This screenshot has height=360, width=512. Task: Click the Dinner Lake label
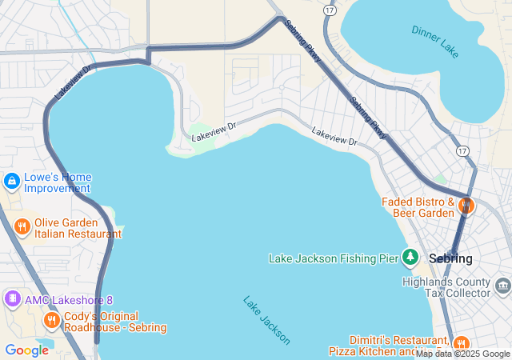(x=435, y=42)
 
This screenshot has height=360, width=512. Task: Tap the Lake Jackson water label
(x=267, y=320)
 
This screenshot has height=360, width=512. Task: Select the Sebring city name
(x=450, y=258)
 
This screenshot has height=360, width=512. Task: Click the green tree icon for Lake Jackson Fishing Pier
(x=410, y=257)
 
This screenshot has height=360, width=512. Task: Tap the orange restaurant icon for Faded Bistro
(x=466, y=206)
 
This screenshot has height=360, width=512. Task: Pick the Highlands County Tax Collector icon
(x=502, y=286)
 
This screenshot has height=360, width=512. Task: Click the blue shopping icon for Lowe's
(x=12, y=182)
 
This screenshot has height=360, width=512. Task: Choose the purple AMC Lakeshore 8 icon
(x=12, y=299)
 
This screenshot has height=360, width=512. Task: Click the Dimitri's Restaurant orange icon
(x=461, y=345)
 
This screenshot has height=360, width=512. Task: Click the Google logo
(x=26, y=350)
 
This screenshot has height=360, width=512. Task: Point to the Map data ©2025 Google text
(x=462, y=354)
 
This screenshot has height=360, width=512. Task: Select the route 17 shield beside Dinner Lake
(x=330, y=10)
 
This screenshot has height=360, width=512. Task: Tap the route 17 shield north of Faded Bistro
(x=463, y=150)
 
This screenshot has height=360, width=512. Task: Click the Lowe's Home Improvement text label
(x=58, y=182)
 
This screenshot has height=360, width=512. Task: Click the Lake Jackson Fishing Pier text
(x=334, y=258)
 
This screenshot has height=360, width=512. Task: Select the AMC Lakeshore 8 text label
(x=69, y=300)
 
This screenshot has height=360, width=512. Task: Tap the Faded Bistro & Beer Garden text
(x=418, y=207)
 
